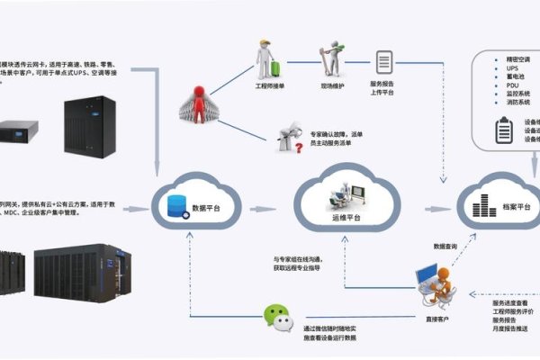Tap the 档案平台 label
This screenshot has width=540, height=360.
click(x=516, y=209)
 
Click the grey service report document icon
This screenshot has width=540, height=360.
click(x=385, y=63)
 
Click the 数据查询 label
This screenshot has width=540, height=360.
click(x=446, y=246)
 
